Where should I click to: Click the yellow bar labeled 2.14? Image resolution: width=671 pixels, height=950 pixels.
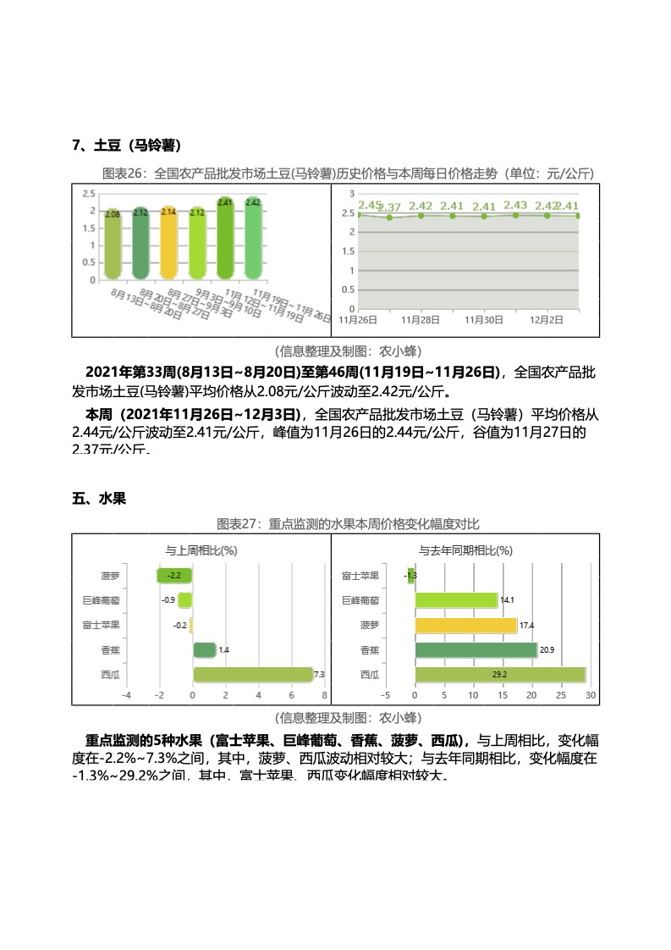point(168,243)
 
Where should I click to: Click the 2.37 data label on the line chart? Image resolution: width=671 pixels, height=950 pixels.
point(390,207)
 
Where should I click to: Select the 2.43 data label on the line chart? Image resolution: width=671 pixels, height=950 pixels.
point(514,205)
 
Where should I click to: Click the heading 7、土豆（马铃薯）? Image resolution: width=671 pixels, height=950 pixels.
point(128,145)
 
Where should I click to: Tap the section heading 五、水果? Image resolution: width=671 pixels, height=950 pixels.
point(99,499)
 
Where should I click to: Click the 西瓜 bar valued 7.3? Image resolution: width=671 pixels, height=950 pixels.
point(253,675)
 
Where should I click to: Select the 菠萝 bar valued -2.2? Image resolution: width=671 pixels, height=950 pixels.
point(175,576)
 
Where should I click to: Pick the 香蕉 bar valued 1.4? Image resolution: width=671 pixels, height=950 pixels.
point(204,650)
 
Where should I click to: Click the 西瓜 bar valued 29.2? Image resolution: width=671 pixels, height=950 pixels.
point(499,675)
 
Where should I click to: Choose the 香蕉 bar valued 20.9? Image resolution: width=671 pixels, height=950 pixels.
point(476,650)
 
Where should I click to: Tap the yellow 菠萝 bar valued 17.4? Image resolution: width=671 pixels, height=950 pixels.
point(465,625)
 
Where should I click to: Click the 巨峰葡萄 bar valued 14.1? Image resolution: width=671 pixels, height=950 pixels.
point(455,600)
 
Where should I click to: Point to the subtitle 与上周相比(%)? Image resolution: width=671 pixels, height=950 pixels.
point(201,550)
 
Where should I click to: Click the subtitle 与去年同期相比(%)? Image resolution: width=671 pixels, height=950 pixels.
point(465,550)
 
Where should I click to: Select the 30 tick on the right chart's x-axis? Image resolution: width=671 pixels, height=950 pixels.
point(591,695)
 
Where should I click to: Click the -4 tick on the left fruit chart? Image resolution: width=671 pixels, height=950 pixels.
point(127,695)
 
